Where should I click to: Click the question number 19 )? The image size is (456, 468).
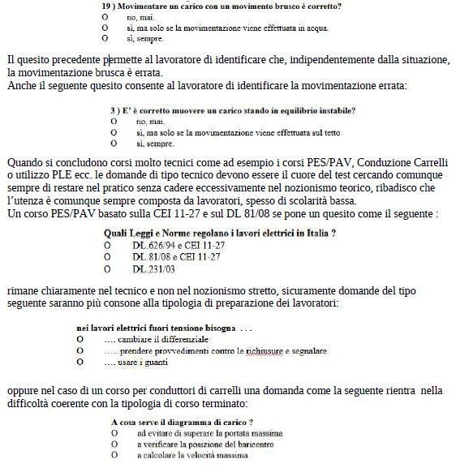[108, 6]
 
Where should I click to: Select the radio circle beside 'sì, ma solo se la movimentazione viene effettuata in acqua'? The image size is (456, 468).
[105, 27]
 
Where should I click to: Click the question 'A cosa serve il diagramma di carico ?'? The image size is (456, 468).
[182, 423]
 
